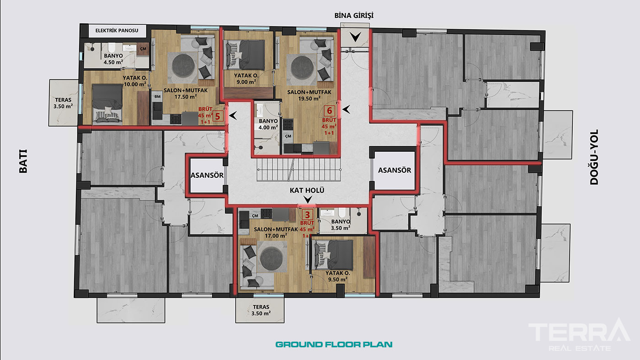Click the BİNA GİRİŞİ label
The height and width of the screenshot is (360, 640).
354,16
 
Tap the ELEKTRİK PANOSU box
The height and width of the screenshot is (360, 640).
117,31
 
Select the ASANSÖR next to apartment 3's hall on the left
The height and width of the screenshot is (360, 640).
207,175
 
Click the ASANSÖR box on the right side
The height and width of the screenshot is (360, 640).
394,170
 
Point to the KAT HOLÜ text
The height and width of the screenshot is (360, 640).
307,191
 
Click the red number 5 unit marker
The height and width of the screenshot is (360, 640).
218,116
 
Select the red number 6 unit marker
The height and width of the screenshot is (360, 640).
330,111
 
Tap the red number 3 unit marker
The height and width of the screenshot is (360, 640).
307,215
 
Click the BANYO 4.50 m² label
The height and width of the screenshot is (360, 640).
113,59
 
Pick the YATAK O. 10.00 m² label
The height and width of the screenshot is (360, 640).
135,81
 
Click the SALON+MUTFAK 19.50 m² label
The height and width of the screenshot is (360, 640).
309,95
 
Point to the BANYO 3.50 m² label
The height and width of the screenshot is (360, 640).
341,225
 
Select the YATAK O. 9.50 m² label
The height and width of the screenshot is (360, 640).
338,276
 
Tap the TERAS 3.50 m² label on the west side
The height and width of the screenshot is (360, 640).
63,103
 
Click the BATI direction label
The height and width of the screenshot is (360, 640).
23,161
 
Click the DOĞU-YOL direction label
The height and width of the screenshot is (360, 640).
594,157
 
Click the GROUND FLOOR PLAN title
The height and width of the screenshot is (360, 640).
334,344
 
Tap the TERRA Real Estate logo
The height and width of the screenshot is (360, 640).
580,334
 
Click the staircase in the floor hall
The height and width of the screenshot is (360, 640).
299,170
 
